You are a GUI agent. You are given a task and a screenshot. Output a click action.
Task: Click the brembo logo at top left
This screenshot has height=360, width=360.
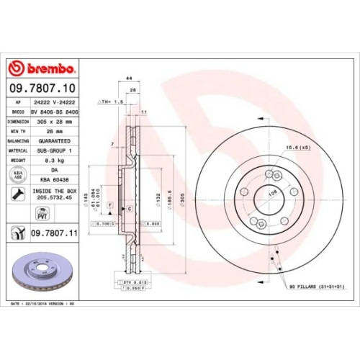point(41,68)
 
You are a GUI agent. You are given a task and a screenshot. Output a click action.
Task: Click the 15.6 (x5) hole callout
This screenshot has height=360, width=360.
point(297,148)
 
